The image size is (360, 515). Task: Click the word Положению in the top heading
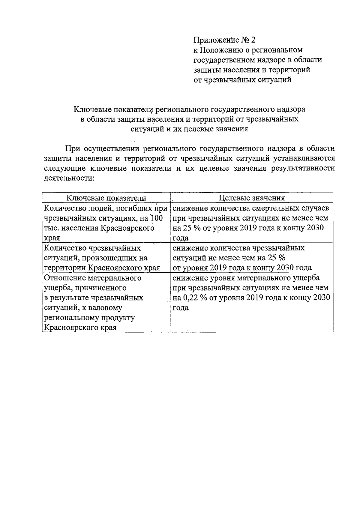tap(222, 50)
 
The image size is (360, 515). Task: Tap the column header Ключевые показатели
tap(106, 198)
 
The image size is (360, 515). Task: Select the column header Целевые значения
tap(252, 198)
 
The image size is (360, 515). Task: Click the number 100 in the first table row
tap(156, 218)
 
